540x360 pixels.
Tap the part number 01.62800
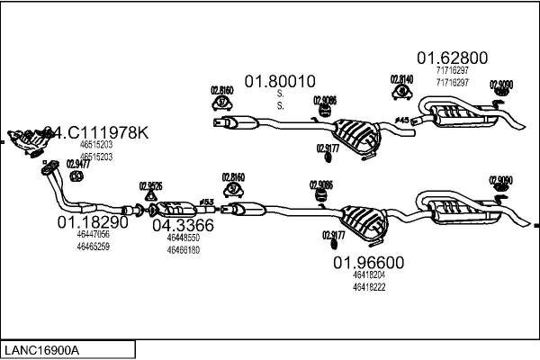coord(452,58)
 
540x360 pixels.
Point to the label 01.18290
coord(94,222)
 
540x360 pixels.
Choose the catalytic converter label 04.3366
coord(183,226)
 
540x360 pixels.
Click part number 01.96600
coord(369,263)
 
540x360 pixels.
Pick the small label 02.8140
coord(401,79)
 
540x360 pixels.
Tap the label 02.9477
coord(78,164)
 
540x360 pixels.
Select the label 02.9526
coord(150,186)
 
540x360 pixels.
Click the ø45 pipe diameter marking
coord(401,120)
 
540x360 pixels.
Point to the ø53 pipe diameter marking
coord(206,201)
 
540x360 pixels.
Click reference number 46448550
coord(183,238)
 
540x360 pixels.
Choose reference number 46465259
coord(93,246)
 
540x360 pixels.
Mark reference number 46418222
coord(369,286)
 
